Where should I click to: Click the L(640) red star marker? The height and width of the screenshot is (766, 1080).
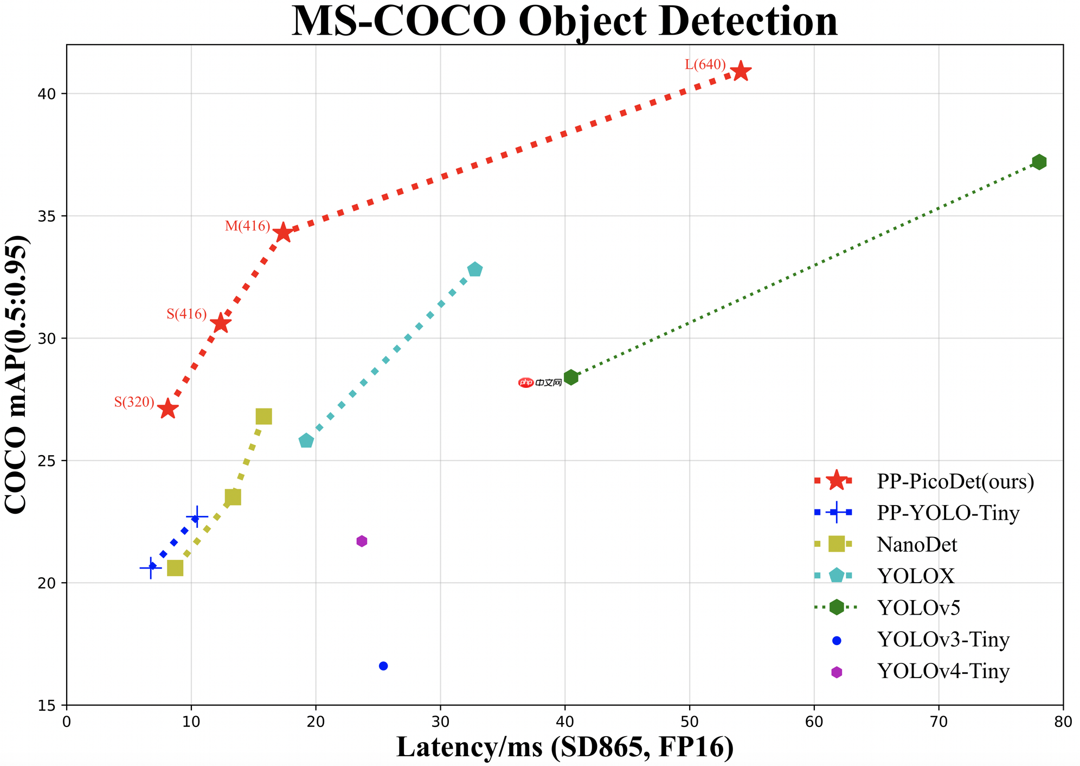point(741,71)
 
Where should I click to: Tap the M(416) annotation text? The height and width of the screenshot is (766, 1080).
point(247,226)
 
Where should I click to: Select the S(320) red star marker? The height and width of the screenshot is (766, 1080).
point(168,409)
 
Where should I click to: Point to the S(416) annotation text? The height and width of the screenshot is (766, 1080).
point(187,314)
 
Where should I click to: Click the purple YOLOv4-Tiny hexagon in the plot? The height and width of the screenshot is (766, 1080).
point(362,541)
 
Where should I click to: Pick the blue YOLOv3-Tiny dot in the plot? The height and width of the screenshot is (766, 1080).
point(383,666)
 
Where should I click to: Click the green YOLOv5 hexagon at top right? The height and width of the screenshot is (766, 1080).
point(1039,162)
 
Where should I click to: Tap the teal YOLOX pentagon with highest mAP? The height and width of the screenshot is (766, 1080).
point(475,269)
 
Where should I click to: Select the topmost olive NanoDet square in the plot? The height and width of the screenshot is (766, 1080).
point(263,417)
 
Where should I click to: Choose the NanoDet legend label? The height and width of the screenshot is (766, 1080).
point(917,544)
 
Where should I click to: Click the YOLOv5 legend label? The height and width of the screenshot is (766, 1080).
point(918,608)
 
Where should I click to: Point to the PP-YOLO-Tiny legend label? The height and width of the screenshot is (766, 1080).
point(948,513)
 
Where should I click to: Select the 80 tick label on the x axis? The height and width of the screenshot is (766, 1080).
point(1063,723)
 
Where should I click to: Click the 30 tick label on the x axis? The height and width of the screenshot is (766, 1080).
point(440,723)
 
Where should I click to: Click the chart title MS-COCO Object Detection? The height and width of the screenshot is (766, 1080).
point(564,22)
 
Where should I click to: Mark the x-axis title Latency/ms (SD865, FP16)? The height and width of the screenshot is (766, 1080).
point(564,747)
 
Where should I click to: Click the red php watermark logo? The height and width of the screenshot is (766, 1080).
point(526,382)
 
